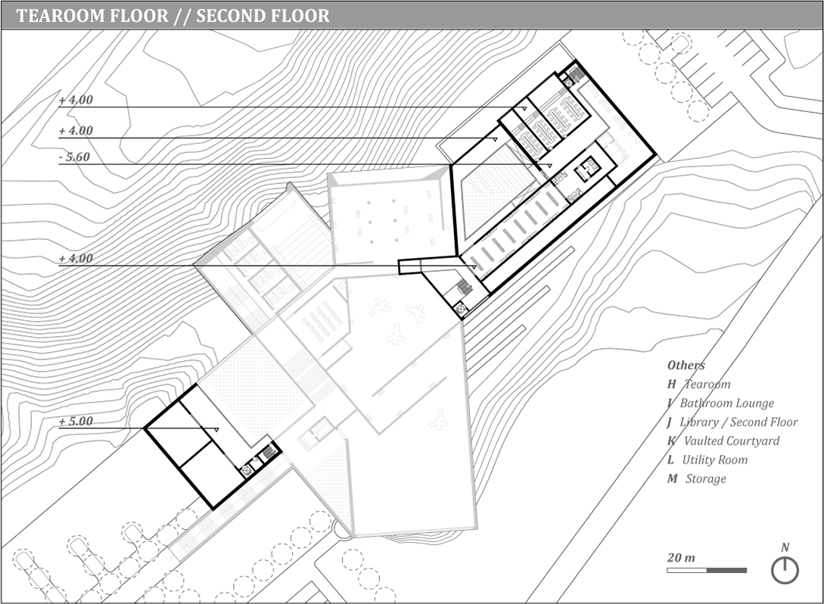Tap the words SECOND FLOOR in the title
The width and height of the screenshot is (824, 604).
(263, 16)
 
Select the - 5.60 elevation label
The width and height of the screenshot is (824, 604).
(74, 157)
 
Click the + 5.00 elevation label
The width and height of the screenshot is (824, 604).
(76, 421)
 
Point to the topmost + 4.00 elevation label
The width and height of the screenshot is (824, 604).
(76, 100)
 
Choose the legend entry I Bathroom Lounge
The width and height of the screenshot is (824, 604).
(720, 403)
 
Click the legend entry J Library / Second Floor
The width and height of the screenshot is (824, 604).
(732, 422)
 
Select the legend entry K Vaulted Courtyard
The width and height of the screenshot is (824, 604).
(723, 441)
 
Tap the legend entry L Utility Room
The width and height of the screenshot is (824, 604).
(707, 460)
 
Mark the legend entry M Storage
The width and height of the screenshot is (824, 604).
(697, 479)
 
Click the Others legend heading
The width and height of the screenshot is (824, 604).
(686, 366)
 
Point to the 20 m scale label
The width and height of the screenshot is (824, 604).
(681, 558)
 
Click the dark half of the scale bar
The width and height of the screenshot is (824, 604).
(727, 571)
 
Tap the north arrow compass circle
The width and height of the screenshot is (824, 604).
(785, 571)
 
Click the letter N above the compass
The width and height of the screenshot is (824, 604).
(785, 548)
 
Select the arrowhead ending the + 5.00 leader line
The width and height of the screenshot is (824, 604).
(216, 429)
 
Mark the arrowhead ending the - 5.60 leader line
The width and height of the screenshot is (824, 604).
(549, 166)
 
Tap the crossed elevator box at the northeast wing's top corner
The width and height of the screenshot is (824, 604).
(568, 80)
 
